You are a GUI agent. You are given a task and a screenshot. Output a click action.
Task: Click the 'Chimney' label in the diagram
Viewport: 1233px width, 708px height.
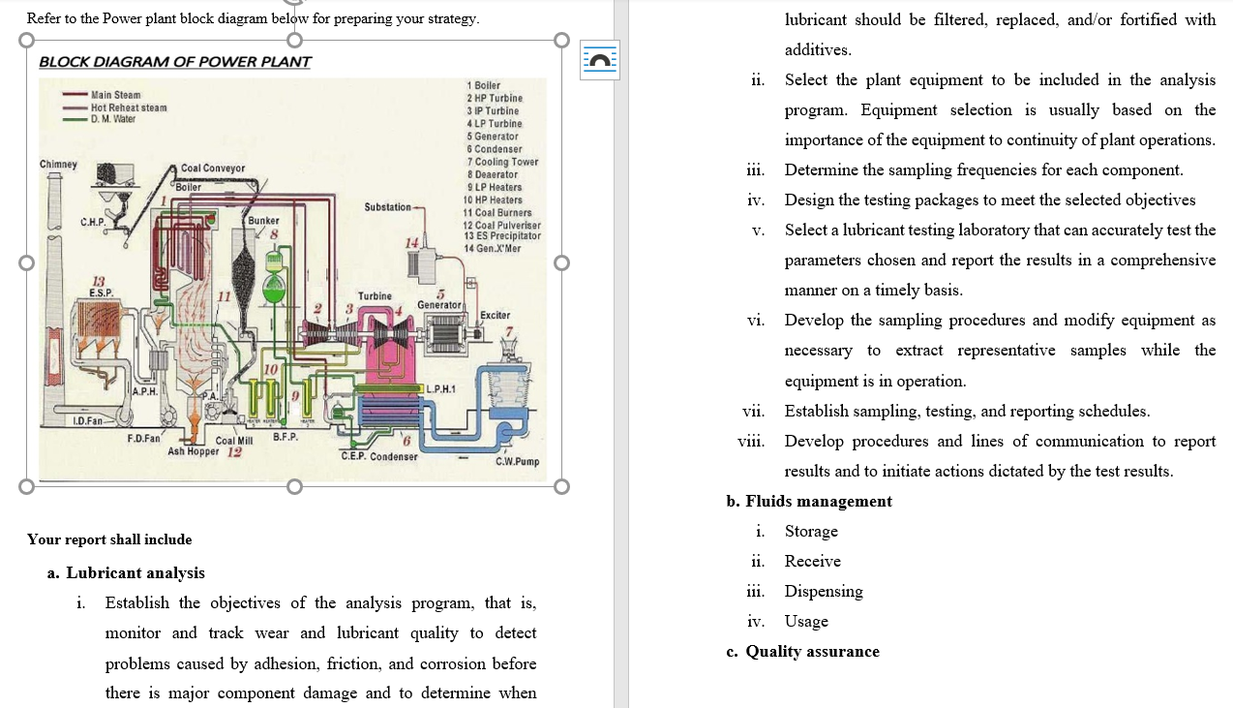(58, 164)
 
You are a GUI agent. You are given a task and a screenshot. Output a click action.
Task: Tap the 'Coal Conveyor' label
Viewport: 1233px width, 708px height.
(212, 169)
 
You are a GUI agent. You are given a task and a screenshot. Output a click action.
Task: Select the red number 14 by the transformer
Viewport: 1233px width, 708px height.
(413, 242)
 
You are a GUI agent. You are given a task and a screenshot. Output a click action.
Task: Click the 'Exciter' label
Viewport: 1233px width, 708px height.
(495, 316)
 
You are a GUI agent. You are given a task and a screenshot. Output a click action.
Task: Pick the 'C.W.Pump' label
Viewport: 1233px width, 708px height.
(517, 462)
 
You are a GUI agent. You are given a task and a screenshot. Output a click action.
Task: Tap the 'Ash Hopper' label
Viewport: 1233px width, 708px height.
(194, 451)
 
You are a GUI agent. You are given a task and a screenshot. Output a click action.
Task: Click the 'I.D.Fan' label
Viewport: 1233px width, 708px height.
(90, 420)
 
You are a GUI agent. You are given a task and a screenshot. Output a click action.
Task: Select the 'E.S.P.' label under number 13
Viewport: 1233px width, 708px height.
(100, 292)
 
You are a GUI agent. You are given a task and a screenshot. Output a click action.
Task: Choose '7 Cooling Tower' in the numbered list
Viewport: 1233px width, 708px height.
(502, 162)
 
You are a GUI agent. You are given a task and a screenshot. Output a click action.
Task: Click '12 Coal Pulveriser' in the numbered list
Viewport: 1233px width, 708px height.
(501, 225)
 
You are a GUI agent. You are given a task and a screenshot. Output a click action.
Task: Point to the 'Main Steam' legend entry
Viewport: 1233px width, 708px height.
(115, 95)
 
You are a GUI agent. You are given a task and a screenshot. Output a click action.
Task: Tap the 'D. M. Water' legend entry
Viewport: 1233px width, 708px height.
(113, 118)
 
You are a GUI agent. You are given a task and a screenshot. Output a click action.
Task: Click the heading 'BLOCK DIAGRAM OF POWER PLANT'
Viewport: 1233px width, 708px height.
(175, 62)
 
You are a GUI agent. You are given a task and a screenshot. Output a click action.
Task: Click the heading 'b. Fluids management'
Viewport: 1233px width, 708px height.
(809, 501)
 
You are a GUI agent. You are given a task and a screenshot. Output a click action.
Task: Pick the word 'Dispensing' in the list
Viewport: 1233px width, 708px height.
(824, 591)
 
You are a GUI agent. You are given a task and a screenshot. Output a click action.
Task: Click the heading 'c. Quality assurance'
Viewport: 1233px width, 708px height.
(802, 651)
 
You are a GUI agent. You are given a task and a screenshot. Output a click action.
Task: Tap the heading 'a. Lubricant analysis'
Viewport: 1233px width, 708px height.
(126, 572)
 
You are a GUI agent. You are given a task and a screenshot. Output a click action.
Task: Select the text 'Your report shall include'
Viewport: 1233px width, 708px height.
(109, 539)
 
